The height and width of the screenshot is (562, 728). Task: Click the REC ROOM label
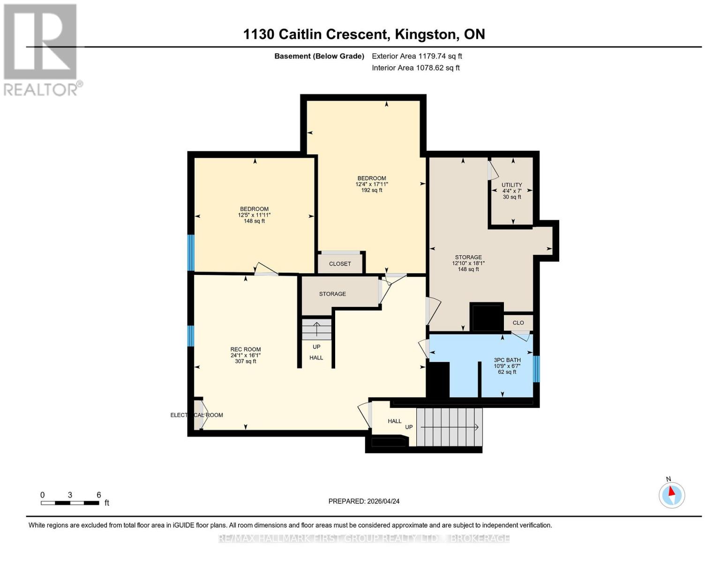point(245,349)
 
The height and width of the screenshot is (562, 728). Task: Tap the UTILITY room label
point(511,185)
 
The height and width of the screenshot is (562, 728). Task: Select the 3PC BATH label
point(507,360)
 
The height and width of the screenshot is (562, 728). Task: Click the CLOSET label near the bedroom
point(340,264)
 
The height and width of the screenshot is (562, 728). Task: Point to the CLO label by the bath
point(518,323)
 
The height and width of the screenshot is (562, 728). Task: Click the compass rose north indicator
point(671,495)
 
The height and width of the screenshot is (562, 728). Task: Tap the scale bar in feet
point(70,503)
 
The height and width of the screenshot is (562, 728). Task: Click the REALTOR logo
point(41,50)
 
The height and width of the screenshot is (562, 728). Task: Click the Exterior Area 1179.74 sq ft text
point(417,56)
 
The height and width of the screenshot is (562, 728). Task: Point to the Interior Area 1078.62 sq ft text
point(416,68)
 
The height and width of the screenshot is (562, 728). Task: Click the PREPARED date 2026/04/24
point(364,501)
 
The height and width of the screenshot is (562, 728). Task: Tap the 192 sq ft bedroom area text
point(372,190)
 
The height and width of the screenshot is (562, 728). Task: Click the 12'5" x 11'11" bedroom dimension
point(254,215)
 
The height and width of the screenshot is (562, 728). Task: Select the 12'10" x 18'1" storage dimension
point(468,263)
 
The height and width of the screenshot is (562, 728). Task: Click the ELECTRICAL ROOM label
point(196,415)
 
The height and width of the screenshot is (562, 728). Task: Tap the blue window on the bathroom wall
point(536,369)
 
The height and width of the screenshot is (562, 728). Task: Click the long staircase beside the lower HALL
point(449,427)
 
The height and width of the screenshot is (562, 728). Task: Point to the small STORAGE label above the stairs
point(332,294)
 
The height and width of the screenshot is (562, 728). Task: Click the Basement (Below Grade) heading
point(319,56)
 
